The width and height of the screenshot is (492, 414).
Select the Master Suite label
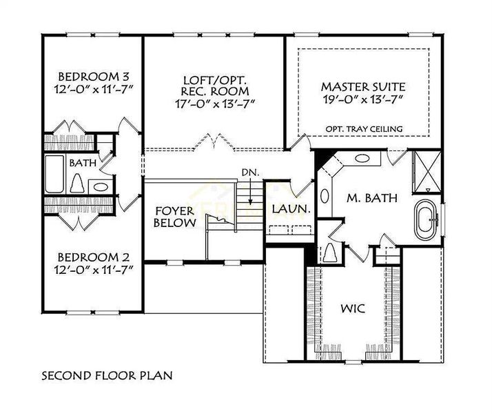[x=363, y=87]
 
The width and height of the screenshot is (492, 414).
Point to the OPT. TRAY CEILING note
[x=365, y=129]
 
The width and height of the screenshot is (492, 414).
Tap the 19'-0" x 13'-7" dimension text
[x=363, y=100]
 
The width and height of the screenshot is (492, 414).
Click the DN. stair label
[x=249, y=172]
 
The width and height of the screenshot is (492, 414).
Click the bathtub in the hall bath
[x=53, y=176]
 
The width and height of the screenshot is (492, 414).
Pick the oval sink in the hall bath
[x=99, y=186]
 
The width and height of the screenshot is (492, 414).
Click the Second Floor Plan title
[x=105, y=377]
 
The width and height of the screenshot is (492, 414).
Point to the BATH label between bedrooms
[x=83, y=164]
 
